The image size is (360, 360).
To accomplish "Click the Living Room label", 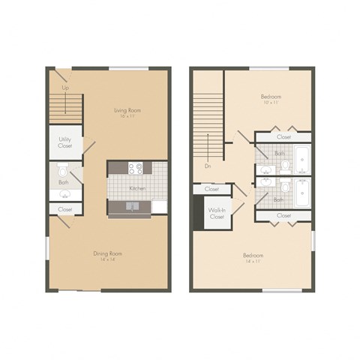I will coord(127,110).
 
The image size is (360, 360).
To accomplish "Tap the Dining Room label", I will coord(107,253).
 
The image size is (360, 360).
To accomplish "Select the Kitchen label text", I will coord(136,188).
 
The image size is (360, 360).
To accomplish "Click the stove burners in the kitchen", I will coord(136,168).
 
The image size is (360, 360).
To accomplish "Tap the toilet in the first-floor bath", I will coord(64,166).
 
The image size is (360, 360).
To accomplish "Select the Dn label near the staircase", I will coord(206,166).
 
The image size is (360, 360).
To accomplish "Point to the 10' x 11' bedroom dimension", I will coord(271,102).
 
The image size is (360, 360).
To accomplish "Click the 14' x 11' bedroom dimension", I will coord(253,262).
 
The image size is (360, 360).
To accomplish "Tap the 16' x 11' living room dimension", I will coord(127,116).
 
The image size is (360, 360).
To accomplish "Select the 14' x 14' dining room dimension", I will coord(107,259).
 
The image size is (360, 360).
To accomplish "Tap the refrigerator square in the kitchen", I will coord(157,206).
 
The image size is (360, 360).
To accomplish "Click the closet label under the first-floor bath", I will coord(65,209).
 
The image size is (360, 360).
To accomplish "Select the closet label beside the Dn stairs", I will coord(212,190).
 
